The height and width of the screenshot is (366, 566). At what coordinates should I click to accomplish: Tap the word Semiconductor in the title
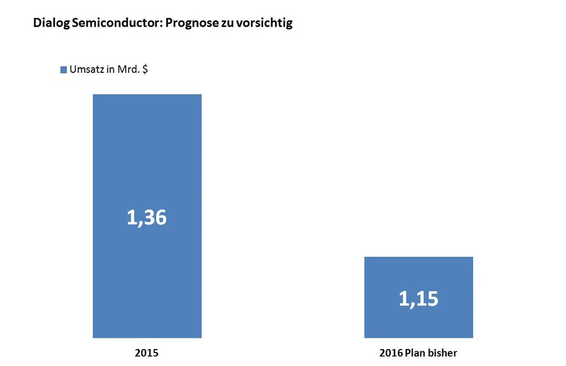113,24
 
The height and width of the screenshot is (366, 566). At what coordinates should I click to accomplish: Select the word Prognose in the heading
190,24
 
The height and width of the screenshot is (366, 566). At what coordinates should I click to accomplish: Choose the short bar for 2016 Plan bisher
418,272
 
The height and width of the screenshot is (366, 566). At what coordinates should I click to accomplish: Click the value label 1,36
147,217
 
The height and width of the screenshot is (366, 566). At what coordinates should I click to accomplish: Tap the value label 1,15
418,299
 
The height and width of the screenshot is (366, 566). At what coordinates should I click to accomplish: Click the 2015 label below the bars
147,353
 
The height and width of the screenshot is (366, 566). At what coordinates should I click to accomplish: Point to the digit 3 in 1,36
148,217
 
